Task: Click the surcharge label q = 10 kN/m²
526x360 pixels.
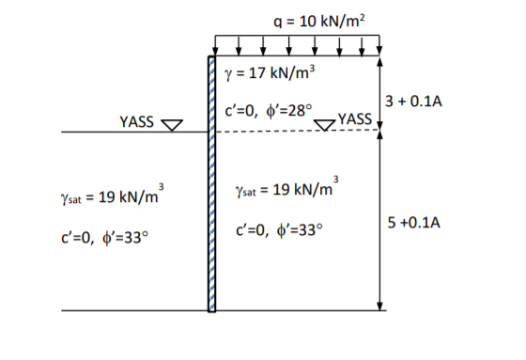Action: click(x=319, y=21)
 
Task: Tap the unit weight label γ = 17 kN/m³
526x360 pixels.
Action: click(x=270, y=73)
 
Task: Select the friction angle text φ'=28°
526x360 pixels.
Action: click(x=289, y=111)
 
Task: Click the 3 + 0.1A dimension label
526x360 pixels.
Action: click(x=413, y=102)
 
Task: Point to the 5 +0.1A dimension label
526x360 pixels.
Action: click(x=413, y=223)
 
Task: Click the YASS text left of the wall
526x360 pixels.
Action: click(x=136, y=121)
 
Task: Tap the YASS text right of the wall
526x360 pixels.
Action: click(x=355, y=118)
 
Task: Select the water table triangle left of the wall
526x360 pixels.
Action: click(x=172, y=125)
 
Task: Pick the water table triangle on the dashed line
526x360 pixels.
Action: click(x=324, y=125)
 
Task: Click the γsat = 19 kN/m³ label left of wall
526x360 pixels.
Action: click(x=113, y=195)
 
